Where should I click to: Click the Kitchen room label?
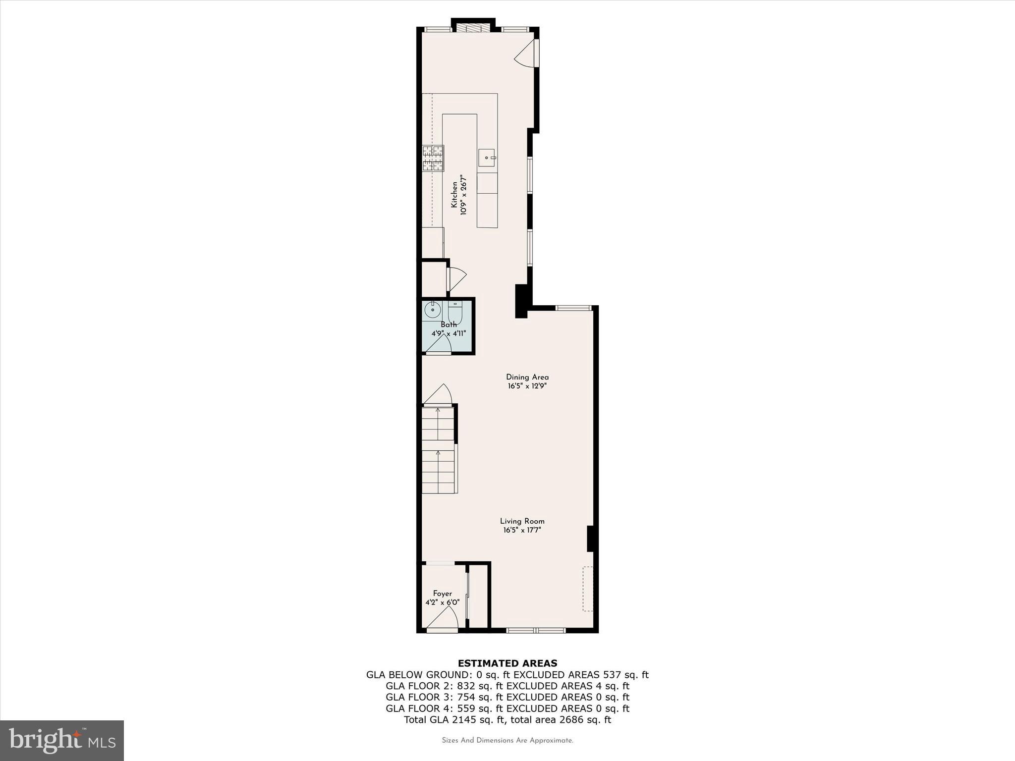tap(453, 194)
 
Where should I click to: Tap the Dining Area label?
tap(527, 377)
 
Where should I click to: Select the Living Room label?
tap(522, 521)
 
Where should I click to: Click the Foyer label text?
tap(442, 594)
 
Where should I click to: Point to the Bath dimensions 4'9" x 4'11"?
tap(449, 333)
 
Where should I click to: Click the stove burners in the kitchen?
tap(433, 158)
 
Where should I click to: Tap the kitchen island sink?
tap(487, 158)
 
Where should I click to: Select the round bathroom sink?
tap(433, 311)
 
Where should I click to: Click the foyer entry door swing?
tap(444, 619)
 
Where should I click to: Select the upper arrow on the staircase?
tap(438, 411)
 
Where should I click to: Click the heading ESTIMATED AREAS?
tap(507, 663)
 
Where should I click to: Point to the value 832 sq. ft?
tap(480, 686)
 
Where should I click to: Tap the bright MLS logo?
tap(62, 740)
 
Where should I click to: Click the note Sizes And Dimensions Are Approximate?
tap(507, 740)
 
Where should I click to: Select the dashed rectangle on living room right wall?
tap(588, 589)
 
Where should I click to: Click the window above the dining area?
tap(573, 308)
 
